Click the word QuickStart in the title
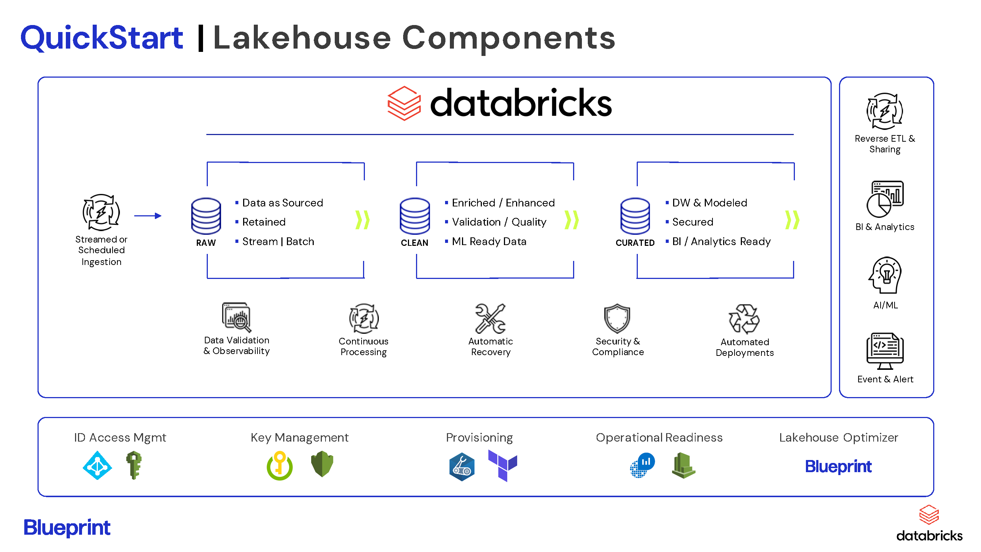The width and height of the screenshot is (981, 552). [102, 38]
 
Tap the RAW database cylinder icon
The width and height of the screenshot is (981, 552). [206, 216]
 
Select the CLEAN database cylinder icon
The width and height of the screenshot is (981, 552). [415, 216]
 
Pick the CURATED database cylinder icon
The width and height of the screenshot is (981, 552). [635, 216]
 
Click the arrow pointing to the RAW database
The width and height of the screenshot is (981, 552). [148, 216]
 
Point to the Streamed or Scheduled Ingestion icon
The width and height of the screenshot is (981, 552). [101, 213]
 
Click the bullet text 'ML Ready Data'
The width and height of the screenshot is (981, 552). [489, 241]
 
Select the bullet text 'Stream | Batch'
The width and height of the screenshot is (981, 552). [278, 241]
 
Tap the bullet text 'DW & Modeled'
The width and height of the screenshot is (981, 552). [710, 203]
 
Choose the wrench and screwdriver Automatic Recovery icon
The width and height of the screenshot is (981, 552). [491, 318]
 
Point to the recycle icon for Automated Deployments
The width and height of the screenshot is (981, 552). [744, 319]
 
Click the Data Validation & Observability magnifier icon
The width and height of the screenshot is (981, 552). [237, 317]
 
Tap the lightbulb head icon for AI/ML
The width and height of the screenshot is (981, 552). [885, 275]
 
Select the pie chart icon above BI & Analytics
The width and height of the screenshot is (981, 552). [885, 199]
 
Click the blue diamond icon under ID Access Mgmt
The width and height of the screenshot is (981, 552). [97, 466]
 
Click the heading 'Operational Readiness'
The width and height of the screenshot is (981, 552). [659, 438]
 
